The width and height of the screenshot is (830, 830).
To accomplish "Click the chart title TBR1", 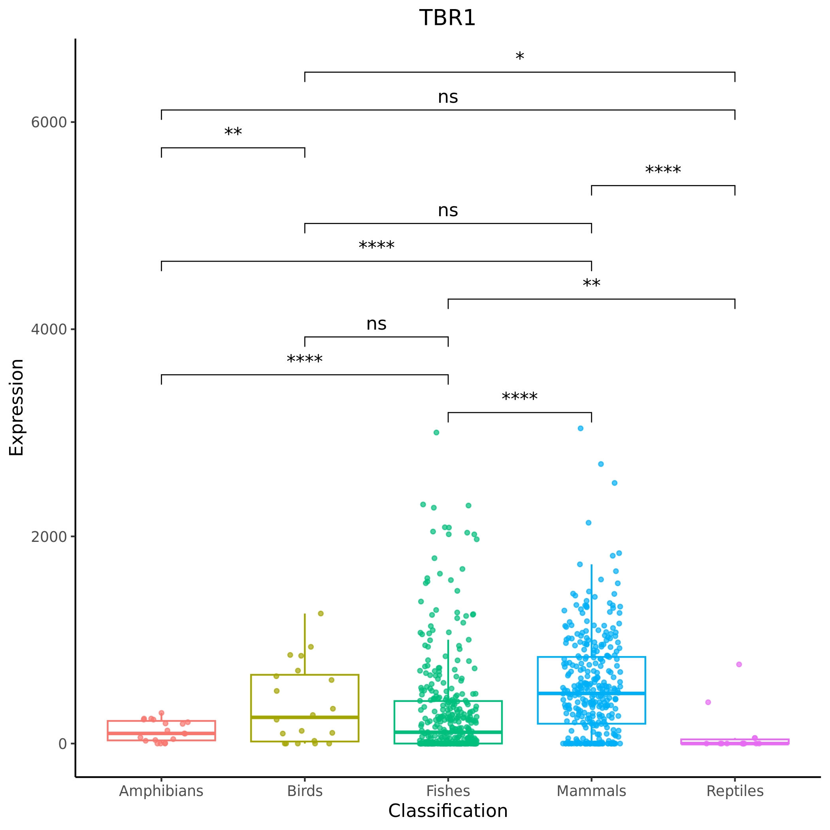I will click(x=447, y=19).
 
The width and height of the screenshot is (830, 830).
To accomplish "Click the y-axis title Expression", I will click(x=16, y=407).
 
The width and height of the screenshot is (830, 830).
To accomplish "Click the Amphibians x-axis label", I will click(x=161, y=791).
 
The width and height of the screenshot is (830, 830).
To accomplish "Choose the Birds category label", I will click(x=305, y=791).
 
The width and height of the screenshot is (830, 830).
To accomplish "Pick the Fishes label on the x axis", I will click(x=448, y=791).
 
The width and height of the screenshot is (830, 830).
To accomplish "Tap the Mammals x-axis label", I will click(x=591, y=791).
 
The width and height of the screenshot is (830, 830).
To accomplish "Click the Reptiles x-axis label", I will click(x=735, y=791).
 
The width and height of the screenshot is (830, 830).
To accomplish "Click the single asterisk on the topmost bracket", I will click(x=519, y=58).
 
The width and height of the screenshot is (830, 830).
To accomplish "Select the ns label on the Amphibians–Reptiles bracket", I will click(x=448, y=97).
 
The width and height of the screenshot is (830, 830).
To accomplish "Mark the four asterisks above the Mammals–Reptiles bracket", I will click(x=663, y=171).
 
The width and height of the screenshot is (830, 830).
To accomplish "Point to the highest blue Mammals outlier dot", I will click(x=580, y=428).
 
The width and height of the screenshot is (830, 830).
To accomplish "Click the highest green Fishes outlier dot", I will click(x=436, y=433).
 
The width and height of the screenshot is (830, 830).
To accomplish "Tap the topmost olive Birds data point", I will click(x=321, y=613).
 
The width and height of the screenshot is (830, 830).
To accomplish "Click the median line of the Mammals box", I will click(x=591, y=693).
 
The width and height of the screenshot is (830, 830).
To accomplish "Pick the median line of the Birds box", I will click(x=305, y=717).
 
